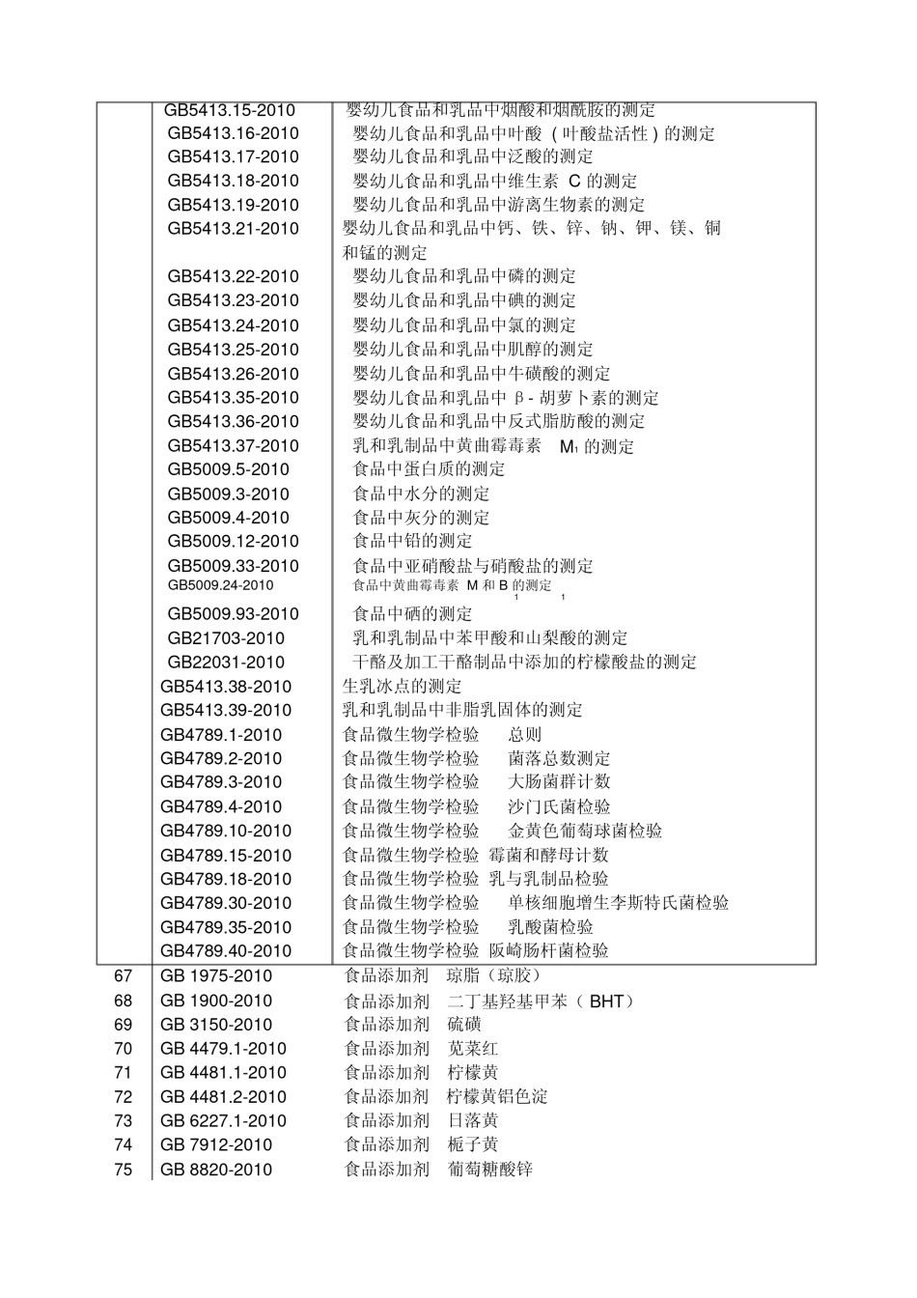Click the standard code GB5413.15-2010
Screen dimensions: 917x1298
click(230, 110)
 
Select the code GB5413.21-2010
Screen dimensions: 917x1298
click(234, 229)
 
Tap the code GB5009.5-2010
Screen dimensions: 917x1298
click(229, 469)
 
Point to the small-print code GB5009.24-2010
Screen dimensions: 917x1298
click(220, 585)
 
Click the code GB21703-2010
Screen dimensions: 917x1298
click(226, 638)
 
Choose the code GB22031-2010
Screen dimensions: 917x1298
click(226, 663)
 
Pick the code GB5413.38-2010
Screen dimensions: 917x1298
click(226, 687)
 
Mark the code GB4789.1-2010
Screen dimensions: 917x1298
click(221, 735)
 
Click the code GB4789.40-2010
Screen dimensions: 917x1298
click(226, 951)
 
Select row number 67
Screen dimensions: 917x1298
click(123, 976)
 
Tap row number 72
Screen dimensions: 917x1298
click(123, 1097)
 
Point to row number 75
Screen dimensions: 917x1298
click(123, 1170)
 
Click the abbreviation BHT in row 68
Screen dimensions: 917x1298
click(606, 1002)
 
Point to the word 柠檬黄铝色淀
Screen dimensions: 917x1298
click(497, 1097)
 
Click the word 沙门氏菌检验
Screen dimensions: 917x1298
click(560, 806)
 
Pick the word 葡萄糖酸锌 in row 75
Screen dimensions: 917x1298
click(489, 1170)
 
